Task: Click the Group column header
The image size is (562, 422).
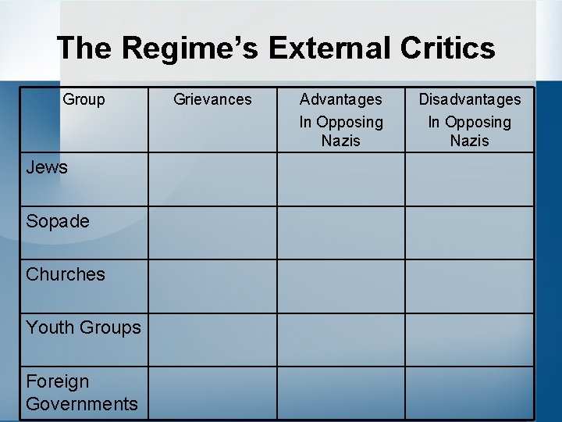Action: click(x=84, y=99)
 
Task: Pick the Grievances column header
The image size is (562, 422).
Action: click(x=212, y=99)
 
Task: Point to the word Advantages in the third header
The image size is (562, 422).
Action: click(x=341, y=99)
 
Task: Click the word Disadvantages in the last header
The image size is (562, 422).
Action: click(x=470, y=99)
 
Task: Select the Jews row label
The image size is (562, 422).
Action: click(x=47, y=167)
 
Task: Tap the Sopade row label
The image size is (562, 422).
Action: click(x=58, y=221)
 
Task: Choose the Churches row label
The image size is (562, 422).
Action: click(x=66, y=274)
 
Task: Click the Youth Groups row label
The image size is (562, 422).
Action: click(x=84, y=327)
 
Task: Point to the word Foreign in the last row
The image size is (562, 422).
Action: click(x=58, y=381)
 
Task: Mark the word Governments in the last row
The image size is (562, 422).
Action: click(x=82, y=403)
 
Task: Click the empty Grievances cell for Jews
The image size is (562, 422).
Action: click(x=212, y=179)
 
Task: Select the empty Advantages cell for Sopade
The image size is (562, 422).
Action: click(x=341, y=233)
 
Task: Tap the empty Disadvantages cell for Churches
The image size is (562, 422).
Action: click(x=470, y=286)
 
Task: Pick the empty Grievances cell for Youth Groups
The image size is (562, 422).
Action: click(x=212, y=339)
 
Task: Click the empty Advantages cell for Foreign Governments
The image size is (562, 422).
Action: click(x=341, y=392)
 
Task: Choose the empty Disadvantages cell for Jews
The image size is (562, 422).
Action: click(x=470, y=179)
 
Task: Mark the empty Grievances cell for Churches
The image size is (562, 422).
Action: click(x=212, y=286)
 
